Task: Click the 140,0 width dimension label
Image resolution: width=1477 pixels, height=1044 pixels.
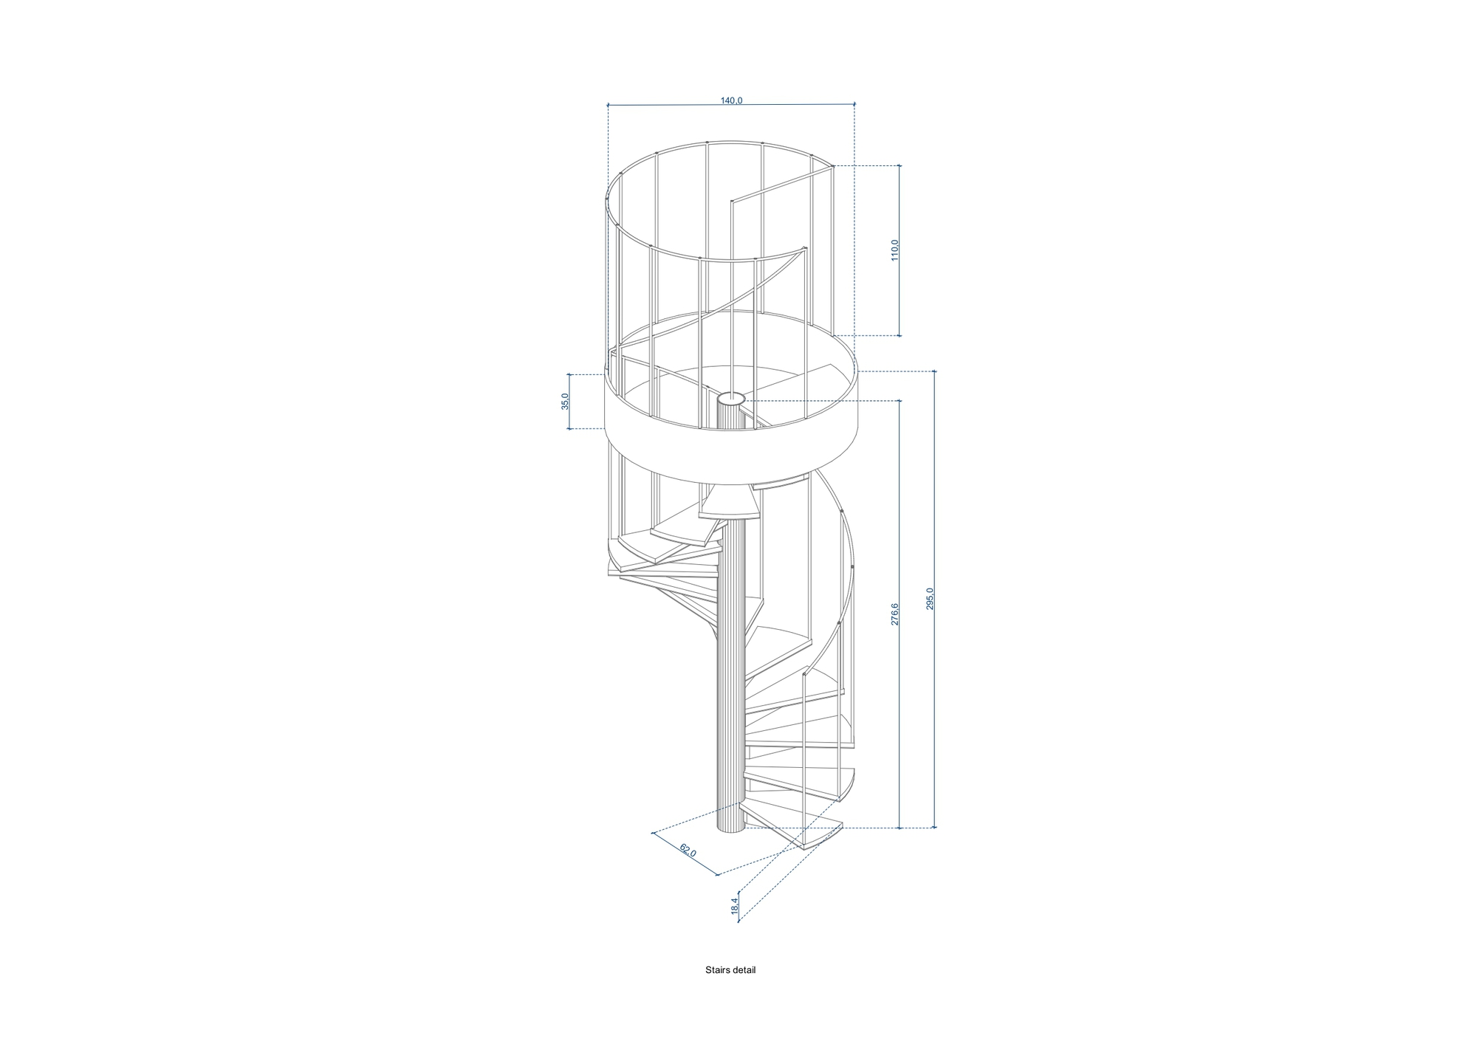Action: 731,100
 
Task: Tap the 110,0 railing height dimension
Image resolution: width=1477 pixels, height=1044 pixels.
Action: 894,250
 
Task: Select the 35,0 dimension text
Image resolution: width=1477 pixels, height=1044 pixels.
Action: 566,402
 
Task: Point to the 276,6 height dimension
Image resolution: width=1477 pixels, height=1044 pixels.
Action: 894,614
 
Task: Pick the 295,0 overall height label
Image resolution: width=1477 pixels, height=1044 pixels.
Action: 930,599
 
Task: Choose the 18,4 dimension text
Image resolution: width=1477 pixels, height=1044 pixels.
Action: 735,906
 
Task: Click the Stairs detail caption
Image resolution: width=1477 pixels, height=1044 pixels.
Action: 730,970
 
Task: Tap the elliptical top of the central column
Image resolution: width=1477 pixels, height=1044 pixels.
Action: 732,399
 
